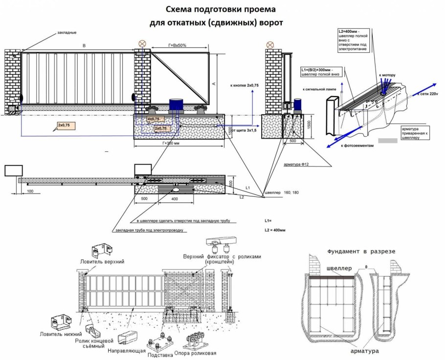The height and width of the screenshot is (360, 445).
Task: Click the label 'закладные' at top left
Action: point(66,33)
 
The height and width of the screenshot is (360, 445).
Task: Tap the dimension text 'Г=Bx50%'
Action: point(177,45)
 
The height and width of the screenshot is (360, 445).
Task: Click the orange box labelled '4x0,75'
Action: point(155,119)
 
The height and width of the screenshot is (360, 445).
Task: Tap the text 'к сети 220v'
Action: point(428,93)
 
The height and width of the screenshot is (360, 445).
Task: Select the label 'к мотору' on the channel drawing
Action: point(386,75)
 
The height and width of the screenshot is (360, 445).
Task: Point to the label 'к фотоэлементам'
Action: point(356,146)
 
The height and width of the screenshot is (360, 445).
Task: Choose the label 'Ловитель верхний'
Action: point(103,262)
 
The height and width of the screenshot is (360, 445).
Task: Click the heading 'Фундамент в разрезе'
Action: point(363,252)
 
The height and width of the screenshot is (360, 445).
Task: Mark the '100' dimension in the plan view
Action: point(30,191)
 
